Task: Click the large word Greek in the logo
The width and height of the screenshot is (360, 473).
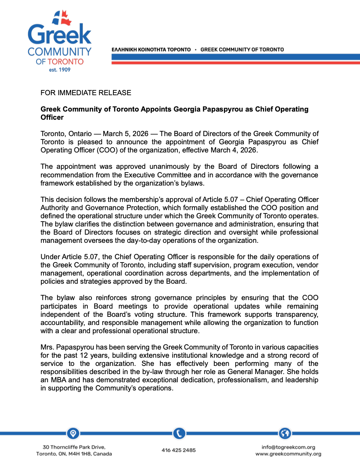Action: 60,35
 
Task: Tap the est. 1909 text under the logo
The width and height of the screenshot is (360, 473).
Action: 60,70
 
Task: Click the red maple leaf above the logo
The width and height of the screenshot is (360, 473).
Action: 66,16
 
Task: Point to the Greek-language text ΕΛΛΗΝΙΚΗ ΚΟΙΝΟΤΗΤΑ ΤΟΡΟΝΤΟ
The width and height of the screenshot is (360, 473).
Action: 151,49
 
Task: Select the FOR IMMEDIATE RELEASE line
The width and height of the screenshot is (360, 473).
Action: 86,93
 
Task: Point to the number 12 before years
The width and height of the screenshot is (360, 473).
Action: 84,355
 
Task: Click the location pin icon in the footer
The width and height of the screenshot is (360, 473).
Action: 73,433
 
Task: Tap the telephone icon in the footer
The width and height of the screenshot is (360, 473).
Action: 179,433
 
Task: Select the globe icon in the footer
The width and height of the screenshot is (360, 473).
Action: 285,433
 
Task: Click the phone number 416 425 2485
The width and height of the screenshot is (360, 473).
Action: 179,450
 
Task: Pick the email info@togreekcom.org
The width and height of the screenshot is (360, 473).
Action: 288,447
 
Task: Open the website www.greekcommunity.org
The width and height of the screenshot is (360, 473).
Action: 288,454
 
